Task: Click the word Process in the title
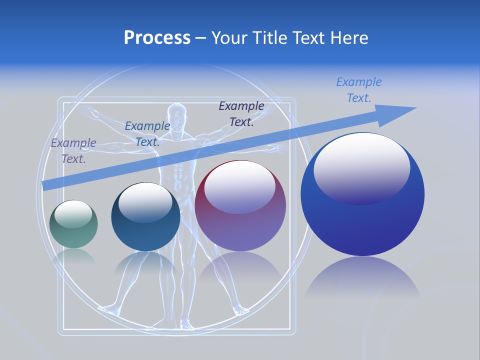point(157,38)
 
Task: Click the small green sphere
point(73,224)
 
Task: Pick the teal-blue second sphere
point(145,217)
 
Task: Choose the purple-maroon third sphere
point(240,206)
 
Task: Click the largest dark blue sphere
point(362,194)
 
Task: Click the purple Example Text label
point(73,151)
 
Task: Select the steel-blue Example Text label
point(147,133)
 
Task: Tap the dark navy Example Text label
point(241,113)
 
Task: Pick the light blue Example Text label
point(358,89)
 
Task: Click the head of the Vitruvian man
point(177,116)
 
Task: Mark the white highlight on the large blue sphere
point(361,167)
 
